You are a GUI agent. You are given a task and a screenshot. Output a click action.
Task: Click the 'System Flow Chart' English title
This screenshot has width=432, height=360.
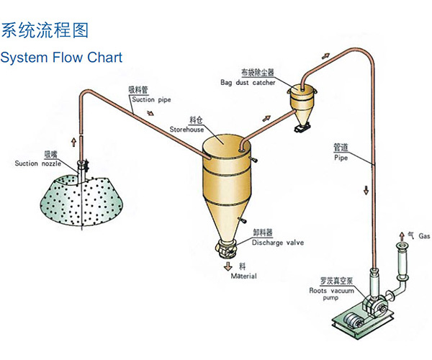coord(61,57)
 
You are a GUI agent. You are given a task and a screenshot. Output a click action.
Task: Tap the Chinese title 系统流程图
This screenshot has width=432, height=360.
coord(45,30)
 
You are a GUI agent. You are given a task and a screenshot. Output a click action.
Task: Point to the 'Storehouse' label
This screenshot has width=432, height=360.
coord(189,130)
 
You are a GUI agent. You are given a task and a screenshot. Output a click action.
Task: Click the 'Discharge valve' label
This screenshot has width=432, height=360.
coord(277,243)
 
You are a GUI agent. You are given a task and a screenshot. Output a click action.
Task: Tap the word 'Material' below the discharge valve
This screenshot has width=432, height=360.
coord(243,276)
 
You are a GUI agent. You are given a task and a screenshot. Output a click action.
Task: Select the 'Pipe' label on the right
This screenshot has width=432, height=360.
coord(341,157)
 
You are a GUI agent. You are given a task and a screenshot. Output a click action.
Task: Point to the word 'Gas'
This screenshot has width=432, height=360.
coord(424,236)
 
